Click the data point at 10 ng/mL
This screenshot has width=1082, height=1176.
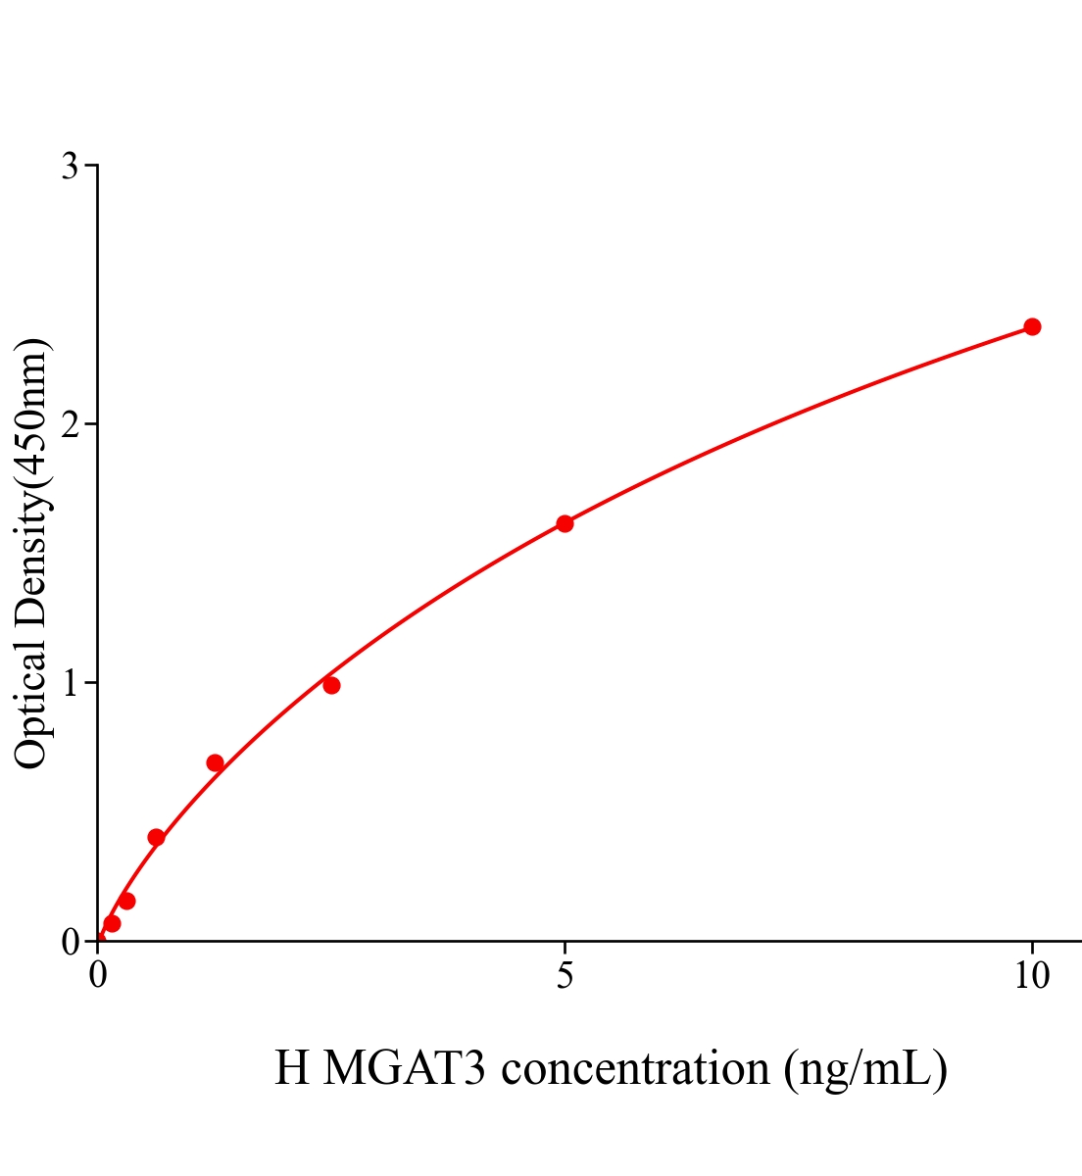tap(1032, 326)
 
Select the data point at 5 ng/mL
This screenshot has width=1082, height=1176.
tap(565, 523)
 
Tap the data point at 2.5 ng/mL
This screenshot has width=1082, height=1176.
tap(331, 685)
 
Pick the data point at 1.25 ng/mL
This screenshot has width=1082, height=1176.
tap(215, 763)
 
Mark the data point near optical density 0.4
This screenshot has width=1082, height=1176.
tap(156, 837)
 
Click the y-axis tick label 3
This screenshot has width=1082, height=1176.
tap(70, 167)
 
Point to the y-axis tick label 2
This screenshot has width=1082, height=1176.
tap(70, 424)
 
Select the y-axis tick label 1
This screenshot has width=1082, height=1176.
tap(70, 683)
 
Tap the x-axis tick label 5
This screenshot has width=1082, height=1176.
tap(565, 975)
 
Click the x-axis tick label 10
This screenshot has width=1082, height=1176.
tap(1031, 975)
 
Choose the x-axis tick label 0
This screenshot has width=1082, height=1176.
tap(98, 975)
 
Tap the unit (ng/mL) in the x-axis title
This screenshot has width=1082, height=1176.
tap(864, 1068)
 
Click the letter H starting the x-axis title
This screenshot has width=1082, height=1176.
tap(292, 1068)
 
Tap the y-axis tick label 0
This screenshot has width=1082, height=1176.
tap(70, 943)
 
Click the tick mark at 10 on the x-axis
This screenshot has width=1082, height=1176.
tap(1031, 947)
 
